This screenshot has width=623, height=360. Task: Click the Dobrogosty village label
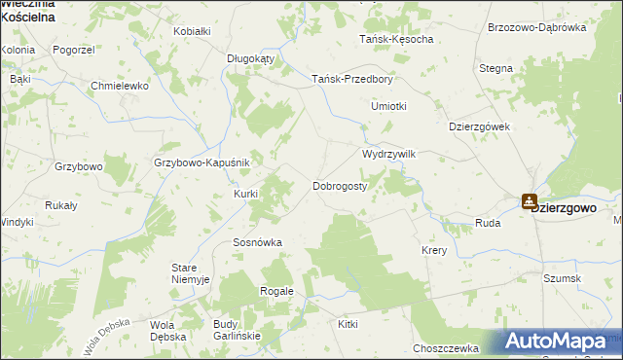(x=339, y=185)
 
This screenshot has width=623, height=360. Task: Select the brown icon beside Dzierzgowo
(x=529, y=201)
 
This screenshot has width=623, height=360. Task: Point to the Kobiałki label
(x=192, y=31)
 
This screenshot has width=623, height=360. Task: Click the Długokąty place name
(x=251, y=58)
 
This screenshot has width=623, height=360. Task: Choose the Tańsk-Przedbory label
(x=351, y=80)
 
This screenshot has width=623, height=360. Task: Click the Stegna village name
(x=495, y=69)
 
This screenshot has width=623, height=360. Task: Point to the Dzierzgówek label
(x=479, y=126)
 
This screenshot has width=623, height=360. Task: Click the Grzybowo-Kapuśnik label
(x=202, y=162)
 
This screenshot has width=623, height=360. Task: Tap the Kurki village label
(x=245, y=194)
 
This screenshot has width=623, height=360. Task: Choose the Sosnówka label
(x=257, y=242)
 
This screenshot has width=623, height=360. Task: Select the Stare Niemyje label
(x=191, y=273)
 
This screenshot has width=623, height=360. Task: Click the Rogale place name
(x=276, y=291)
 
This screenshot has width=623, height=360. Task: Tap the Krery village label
(x=434, y=250)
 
